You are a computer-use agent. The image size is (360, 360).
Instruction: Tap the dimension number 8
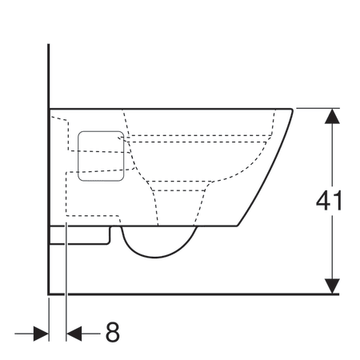pyautogui.click(x=112, y=332)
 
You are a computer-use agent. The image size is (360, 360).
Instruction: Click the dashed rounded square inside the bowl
pyautogui.click(x=99, y=151)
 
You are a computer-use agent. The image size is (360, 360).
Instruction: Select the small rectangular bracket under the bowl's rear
pyautogui.click(x=80, y=234)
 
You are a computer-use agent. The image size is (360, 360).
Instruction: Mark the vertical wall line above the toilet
pyautogui.click(x=49, y=72)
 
